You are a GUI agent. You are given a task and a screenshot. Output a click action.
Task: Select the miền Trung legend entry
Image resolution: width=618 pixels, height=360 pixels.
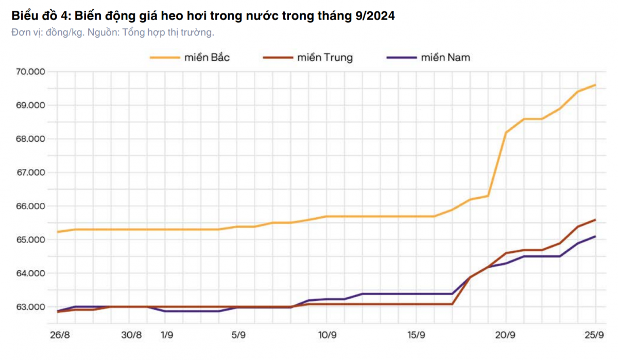[325, 57]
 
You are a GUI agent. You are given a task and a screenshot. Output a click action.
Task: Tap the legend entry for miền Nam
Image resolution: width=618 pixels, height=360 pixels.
[445, 57]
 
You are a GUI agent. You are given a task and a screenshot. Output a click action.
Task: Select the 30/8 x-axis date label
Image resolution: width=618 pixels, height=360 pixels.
[131, 335]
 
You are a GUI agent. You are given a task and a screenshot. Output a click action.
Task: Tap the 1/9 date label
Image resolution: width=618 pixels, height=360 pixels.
[166, 335]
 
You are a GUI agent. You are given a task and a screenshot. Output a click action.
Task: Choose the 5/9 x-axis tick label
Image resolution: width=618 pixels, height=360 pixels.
[238, 335]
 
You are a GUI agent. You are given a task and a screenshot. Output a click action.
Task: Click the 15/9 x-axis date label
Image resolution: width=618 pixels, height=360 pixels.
[417, 335]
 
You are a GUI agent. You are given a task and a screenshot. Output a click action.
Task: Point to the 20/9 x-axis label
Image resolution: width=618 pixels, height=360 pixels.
[506, 335]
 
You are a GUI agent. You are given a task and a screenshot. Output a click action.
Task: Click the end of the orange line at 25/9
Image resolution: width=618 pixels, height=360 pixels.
[596, 85]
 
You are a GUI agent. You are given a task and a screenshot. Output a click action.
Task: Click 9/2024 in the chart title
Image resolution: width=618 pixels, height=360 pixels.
[375, 16]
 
